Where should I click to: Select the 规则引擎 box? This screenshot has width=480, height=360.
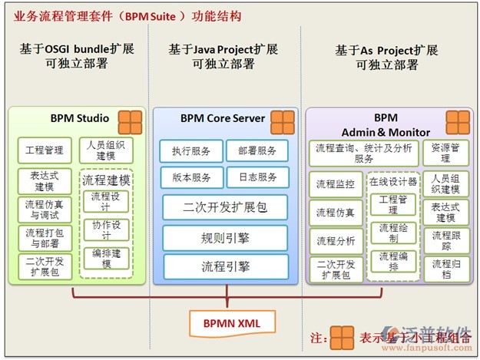pos(225,237)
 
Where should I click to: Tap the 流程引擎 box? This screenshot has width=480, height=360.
pos(225,266)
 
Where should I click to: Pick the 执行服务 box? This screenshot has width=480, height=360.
pos(191,151)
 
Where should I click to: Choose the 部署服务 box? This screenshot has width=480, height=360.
pos(257,151)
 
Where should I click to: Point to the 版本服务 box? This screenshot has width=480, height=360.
pos(191,177)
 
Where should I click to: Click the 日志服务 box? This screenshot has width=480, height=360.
pos(257,177)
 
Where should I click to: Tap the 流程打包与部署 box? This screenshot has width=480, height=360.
pos(45,238)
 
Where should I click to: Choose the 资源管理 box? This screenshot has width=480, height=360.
pos(445,152)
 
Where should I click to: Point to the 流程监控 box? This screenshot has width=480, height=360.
pos(336,184)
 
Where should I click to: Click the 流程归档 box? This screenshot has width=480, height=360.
pos(445,269)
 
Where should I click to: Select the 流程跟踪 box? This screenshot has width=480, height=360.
pos(445,241)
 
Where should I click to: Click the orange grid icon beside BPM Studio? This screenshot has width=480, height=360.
pos(130,121)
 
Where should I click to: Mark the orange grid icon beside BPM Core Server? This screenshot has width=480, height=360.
pos(282,121)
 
